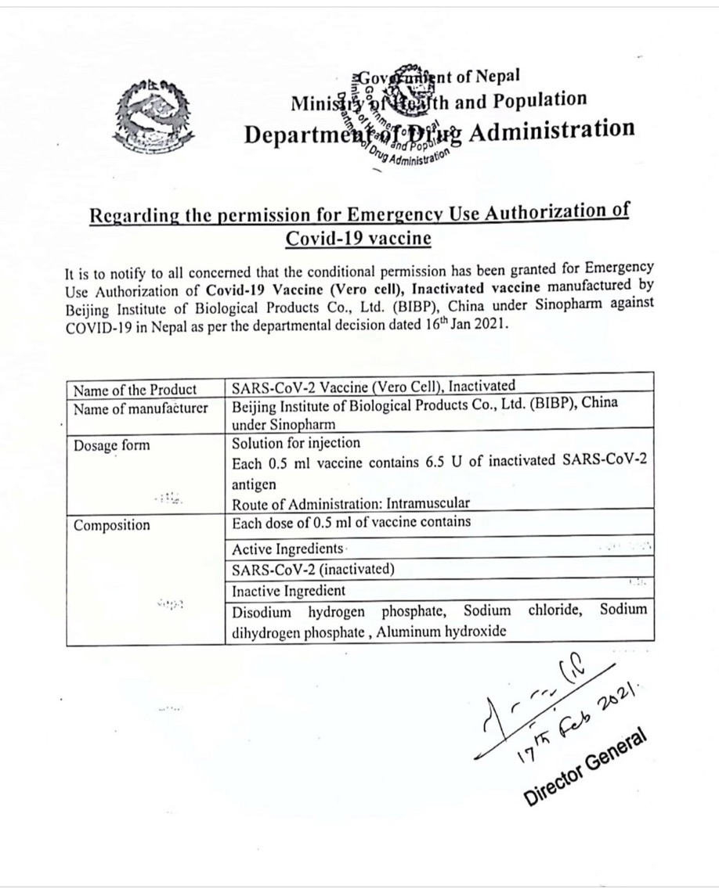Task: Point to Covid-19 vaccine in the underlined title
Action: pyautogui.click(x=359, y=238)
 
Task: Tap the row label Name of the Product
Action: pyautogui.click(x=135, y=390)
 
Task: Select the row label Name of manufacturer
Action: pyautogui.click(x=141, y=407)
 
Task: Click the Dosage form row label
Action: pyautogui.click(x=112, y=445)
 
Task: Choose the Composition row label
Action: pyautogui.click(x=112, y=525)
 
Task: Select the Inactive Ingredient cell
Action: pyautogui.click(x=288, y=591)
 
